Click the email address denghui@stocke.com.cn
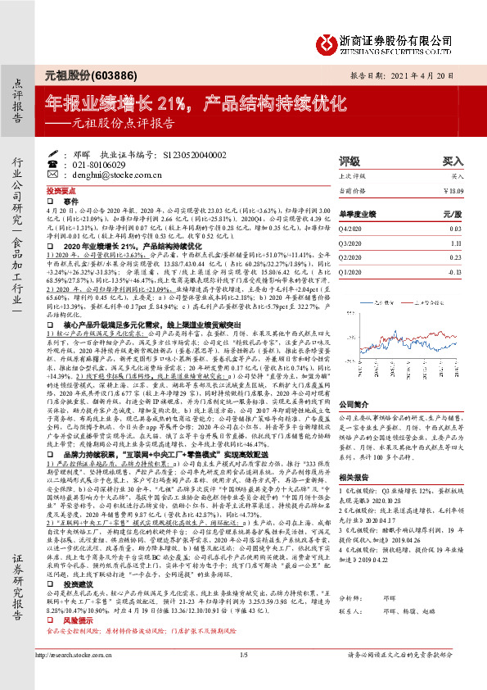(110, 175)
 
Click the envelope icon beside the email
(66, 175)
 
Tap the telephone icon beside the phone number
(66, 164)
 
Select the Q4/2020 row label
(352, 229)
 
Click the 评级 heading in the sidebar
(349, 161)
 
